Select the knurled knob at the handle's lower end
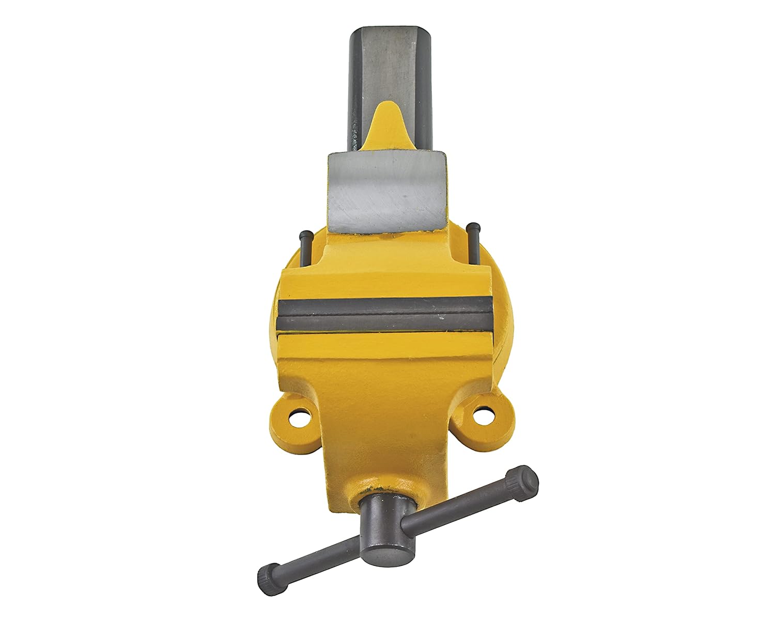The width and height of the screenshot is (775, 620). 268,570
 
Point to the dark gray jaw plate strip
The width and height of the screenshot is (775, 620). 385,317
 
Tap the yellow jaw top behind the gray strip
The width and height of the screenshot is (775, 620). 385,282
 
